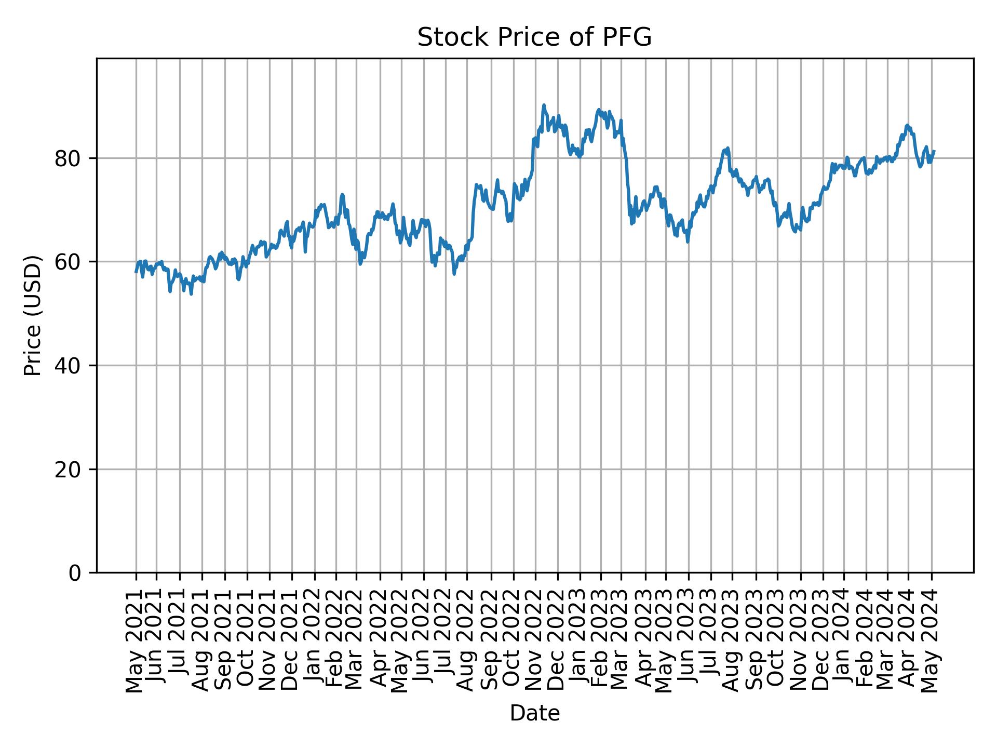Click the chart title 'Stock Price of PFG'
(534, 37)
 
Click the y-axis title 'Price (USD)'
(33, 315)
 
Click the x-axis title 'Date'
(534, 714)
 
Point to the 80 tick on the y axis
(68, 158)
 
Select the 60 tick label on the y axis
(68, 262)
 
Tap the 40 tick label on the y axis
(68, 366)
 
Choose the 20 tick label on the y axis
(68, 469)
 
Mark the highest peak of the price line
(544, 105)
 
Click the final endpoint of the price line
(934, 151)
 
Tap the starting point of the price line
(136, 272)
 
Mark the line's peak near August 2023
(728, 148)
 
